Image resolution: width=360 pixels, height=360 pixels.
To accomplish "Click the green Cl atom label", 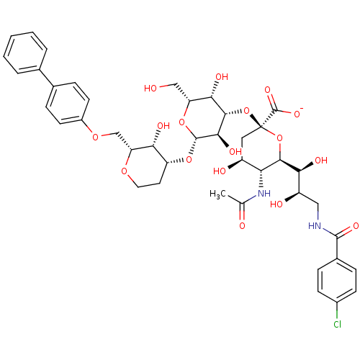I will (x=337, y=325).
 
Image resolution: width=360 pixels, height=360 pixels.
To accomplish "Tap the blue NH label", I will (x=264, y=193).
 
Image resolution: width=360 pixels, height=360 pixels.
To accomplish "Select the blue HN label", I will (x=314, y=226).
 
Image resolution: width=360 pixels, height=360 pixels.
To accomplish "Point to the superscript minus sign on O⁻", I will (x=302, y=108).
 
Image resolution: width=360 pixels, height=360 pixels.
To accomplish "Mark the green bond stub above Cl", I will (x=337, y=315).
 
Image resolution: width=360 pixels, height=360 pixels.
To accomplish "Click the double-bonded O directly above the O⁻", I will (x=268, y=90).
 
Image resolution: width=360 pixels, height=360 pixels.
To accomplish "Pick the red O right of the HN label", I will (x=355, y=226).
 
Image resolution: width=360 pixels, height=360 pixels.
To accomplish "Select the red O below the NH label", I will (x=242, y=226).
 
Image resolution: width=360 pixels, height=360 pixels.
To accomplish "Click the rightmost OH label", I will (x=320, y=160).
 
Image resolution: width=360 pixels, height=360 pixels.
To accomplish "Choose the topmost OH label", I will (x=221, y=77).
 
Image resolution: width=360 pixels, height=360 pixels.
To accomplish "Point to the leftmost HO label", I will (x=150, y=89).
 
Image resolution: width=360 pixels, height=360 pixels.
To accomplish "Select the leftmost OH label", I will (x=163, y=126).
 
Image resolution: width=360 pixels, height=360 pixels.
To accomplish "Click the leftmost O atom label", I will (x=95, y=138).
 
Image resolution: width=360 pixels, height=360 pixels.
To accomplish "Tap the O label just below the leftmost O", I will (x=124, y=171).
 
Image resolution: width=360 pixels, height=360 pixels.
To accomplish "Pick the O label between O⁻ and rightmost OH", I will (x=279, y=138).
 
